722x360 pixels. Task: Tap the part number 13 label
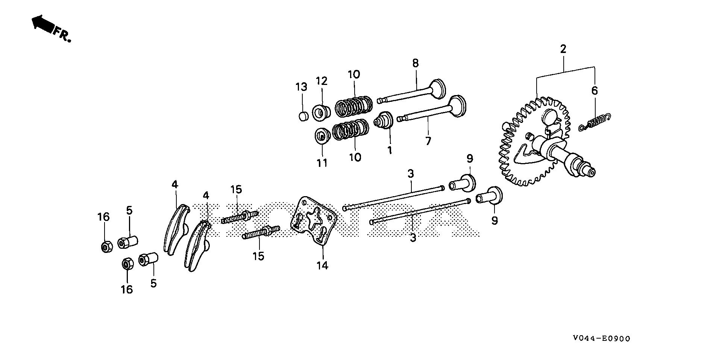[301, 87]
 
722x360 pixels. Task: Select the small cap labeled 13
[303, 116]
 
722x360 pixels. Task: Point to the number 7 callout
[428, 141]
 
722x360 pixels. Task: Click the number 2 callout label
[563, 49]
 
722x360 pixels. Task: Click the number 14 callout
[322, 265]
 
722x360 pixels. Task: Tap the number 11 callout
[322, 163]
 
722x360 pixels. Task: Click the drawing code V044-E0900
[601, 338]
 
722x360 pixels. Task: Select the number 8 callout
[415, 63]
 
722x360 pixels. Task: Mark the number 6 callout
[594, 91]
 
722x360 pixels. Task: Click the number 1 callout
[390, 150]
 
